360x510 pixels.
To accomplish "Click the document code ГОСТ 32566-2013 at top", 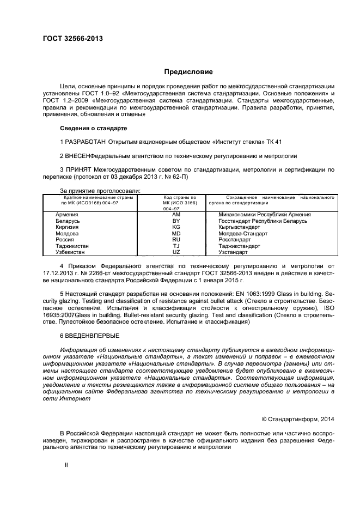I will pyautogui.click(x=72, y=39).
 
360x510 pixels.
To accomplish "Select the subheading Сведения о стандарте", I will pyautogui.click(x=93, y=128).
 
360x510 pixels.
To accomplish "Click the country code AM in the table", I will pyautogui.click(x=176, y=215).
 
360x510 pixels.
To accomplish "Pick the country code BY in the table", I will pyautogui.click(x=176, y=221).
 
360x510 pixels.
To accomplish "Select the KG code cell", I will pyautogui.click(x=176, y=227).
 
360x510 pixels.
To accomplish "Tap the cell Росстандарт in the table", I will pyautogui.click(x=235, y=240).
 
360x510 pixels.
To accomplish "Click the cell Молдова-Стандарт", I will pyautogui.click(x=243, y=233).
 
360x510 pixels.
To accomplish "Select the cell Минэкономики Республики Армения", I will pyautogui.click(x=265, y=215).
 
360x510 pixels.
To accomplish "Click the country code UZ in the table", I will pyautogui.click(x=176, y=252).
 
